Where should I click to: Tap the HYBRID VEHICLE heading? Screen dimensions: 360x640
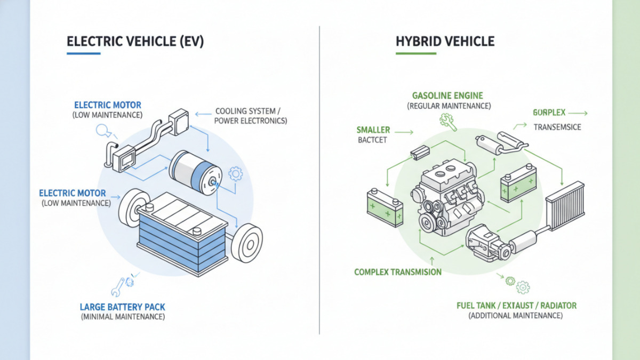445,42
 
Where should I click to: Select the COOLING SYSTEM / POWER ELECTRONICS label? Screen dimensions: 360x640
251,116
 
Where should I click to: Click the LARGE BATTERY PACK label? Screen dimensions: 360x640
123,307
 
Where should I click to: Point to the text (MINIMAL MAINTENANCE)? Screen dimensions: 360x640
123,317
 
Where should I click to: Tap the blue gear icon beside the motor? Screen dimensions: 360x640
235,173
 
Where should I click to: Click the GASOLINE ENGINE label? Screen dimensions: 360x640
447,95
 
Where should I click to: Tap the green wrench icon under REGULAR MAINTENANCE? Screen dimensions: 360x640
446,121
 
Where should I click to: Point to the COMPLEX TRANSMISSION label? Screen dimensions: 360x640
398,272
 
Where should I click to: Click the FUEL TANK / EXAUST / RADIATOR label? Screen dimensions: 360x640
516,306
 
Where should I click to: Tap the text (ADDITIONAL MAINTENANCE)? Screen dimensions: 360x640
516,316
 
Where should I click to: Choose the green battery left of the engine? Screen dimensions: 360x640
384,209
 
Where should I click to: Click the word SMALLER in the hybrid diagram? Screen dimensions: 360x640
373,130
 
